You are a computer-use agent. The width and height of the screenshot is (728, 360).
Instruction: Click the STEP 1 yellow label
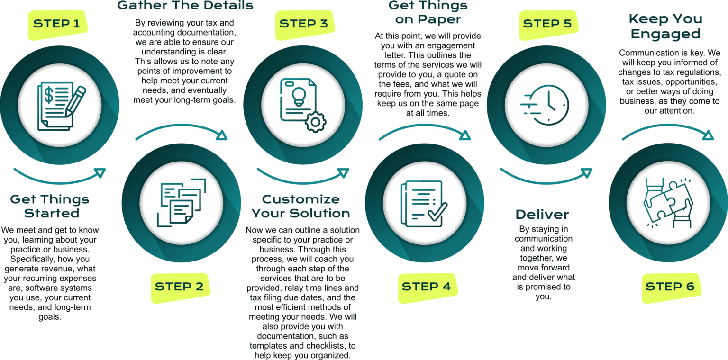tap(57, 24)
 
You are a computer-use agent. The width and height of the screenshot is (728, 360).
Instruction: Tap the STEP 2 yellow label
tap(179, 286)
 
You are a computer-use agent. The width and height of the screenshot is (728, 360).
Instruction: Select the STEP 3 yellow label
tap(303, 24)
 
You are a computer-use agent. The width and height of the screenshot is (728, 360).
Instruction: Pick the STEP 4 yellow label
tap(426, 286)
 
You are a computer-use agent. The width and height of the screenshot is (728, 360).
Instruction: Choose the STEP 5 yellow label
tap(547, 24)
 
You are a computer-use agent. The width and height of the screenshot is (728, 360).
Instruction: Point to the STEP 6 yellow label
tap(670, 286)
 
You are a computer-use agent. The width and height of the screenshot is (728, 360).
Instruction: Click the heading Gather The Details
tap(185, 6)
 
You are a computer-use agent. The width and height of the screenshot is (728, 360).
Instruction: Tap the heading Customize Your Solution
tap(301, 206)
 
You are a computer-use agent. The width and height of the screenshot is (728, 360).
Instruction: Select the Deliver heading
tap(542, 215)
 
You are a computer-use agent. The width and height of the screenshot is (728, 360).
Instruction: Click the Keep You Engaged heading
tap(665, 27)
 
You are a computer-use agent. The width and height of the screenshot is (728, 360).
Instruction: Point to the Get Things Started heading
tap(50, 206)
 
